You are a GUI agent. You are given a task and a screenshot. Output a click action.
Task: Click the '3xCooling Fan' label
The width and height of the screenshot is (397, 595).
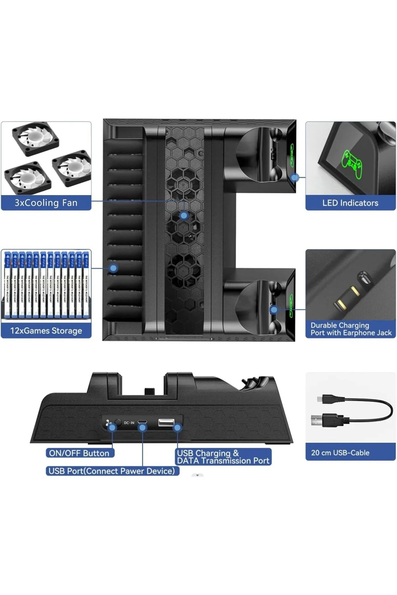(x=46, y=203)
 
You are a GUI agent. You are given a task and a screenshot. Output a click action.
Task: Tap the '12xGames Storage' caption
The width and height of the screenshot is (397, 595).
(x=46, y=331)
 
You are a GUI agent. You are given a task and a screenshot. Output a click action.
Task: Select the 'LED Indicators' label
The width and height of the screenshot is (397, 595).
(x=350, y=203)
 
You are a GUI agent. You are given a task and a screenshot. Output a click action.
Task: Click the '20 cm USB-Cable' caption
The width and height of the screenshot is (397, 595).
(x=340, y=453)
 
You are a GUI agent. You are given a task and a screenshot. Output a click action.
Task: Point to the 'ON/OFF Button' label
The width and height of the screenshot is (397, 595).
(x=79, y=453)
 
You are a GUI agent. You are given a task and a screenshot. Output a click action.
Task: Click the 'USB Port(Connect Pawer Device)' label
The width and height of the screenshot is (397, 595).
(x=112, y=471)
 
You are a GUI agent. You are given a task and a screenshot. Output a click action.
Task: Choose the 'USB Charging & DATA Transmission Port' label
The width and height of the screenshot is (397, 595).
(x=223, y=457)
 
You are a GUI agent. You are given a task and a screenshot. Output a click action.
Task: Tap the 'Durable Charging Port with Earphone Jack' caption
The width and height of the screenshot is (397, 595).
(x=351, y=329)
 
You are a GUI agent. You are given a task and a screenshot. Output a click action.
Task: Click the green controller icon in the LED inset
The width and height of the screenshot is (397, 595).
(x=352, y=164)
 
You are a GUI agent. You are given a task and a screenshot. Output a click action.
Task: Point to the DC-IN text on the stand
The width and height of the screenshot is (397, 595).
(x=129, y=423)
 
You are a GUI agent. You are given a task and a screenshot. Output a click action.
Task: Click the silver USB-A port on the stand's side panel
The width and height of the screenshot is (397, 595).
(x=166, y=422)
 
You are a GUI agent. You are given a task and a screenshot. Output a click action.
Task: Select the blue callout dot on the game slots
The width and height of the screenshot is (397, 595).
(x=113, y=268)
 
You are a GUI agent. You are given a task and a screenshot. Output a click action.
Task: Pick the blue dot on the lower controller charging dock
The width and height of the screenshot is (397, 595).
(x=274, y=310)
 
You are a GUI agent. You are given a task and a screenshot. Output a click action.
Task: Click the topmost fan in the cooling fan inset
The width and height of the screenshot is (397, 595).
(x=35, y=138)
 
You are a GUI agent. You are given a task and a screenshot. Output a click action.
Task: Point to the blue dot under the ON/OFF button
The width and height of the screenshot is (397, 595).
(x=112, y=427)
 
